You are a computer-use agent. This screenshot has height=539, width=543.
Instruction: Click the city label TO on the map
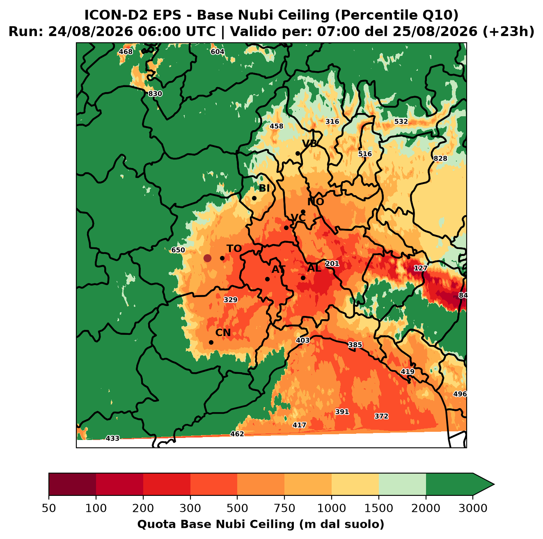[234, 249]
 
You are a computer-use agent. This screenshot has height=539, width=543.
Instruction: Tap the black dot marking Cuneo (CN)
[211, 342]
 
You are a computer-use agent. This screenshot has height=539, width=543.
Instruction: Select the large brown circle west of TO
[207, 258]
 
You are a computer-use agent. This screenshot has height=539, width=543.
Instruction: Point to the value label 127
[420, 268]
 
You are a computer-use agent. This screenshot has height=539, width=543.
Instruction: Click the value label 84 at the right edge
[463, 295]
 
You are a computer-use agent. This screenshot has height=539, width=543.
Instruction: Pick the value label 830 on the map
[155, 94]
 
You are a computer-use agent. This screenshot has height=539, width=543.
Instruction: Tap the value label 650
[178, 250]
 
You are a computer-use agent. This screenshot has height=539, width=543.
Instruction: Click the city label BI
[264, 188]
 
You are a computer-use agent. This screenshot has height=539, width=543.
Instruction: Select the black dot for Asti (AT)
[267, 279]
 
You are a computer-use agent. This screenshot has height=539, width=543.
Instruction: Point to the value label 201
[332, 263]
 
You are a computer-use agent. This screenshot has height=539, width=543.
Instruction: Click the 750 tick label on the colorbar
[284, 508]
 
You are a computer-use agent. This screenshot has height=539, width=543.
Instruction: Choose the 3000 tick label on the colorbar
[473, 508]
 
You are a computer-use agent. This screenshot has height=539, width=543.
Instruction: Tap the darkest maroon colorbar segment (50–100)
[72, 484]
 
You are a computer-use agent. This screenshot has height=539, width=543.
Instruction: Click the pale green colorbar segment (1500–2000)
[402, 484]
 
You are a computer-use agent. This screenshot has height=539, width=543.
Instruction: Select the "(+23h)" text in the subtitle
[509, 31]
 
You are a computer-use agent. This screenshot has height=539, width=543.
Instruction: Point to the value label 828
[440, 159]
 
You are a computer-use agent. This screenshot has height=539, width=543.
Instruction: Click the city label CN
[223, 332]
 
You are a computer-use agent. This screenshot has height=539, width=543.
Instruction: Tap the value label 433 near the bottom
[112, 438]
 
